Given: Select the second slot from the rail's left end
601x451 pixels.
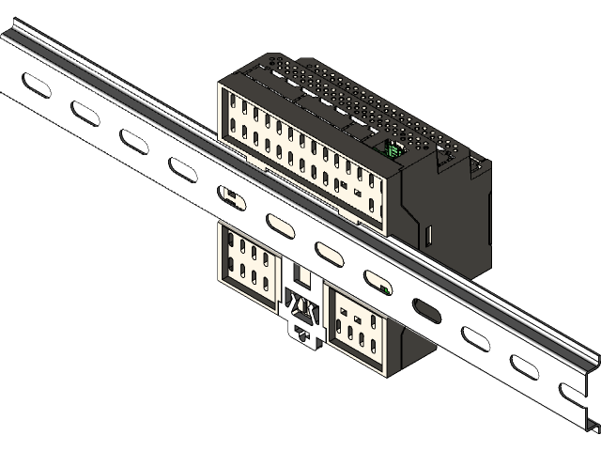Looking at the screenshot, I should point(85,113).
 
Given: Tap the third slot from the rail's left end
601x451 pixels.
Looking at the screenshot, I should point(132,140).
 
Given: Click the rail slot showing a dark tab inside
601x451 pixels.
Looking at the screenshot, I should point(230,195).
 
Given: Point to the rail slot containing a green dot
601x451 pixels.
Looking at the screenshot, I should point(378,281).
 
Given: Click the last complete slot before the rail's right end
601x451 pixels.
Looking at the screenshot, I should point(523,365).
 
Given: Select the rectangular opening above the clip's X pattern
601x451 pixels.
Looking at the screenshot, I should point(302,277).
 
